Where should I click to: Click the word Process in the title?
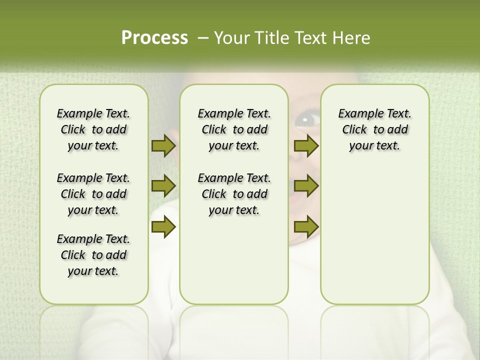tap(154, 38)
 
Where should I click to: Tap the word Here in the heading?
tap(352, 38)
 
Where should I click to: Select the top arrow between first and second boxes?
tap(163, 145)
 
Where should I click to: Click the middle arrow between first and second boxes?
tap(163, 186)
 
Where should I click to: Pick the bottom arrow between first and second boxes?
tap(163, 227)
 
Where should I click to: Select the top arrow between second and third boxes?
tap(306, 145)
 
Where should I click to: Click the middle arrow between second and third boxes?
tap(306, 186)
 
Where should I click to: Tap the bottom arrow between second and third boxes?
tap(306, 227)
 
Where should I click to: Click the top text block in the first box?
tap(93, 129)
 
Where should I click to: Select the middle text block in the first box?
tap(93, 194)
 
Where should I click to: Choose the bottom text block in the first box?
tap(93, 255)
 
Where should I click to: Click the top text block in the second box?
tap(234, 129)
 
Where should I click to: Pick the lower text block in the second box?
tap(234, 194)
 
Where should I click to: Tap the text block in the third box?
tap(374, 129)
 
